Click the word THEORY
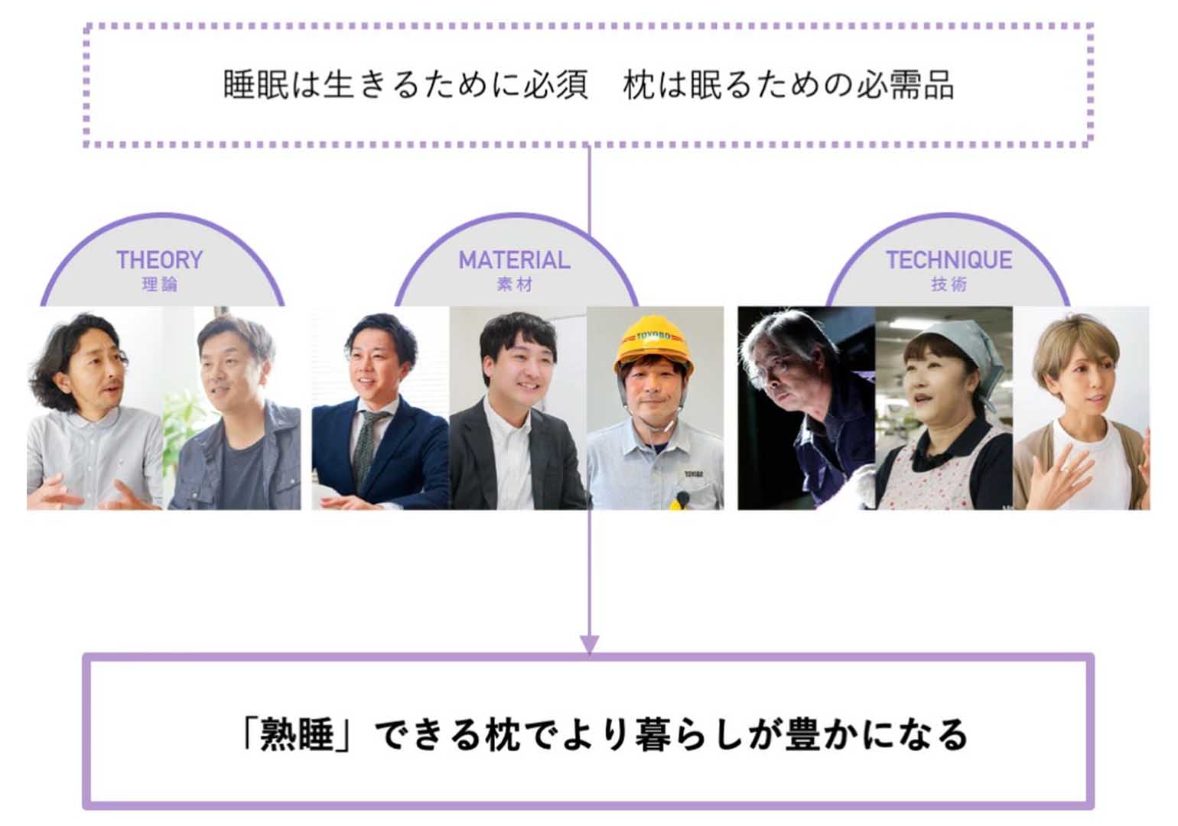159,260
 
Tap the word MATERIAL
514,260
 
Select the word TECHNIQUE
949,260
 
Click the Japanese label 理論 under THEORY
159,285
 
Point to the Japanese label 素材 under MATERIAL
514,285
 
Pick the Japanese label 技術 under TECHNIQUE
949,285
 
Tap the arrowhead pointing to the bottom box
588,644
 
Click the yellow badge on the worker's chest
680,501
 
